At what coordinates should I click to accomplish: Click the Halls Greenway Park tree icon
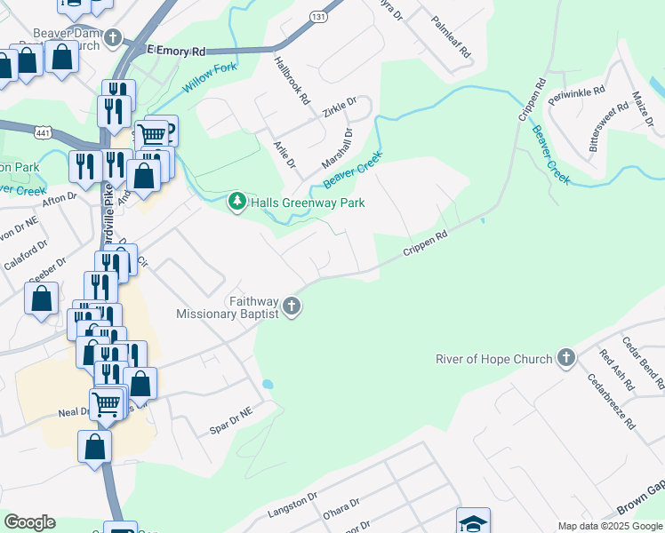[x=236, y=203]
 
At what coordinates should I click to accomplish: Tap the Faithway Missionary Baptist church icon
[x=291, y=308]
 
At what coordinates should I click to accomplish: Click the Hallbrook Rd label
[x=291, y=80]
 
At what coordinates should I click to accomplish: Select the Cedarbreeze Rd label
[x=611, y=402]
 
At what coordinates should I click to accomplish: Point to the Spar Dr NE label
[x=234, y=417]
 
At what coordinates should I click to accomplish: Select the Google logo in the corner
[x=29, y=521]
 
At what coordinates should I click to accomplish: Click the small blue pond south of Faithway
[x=268, y=385]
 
